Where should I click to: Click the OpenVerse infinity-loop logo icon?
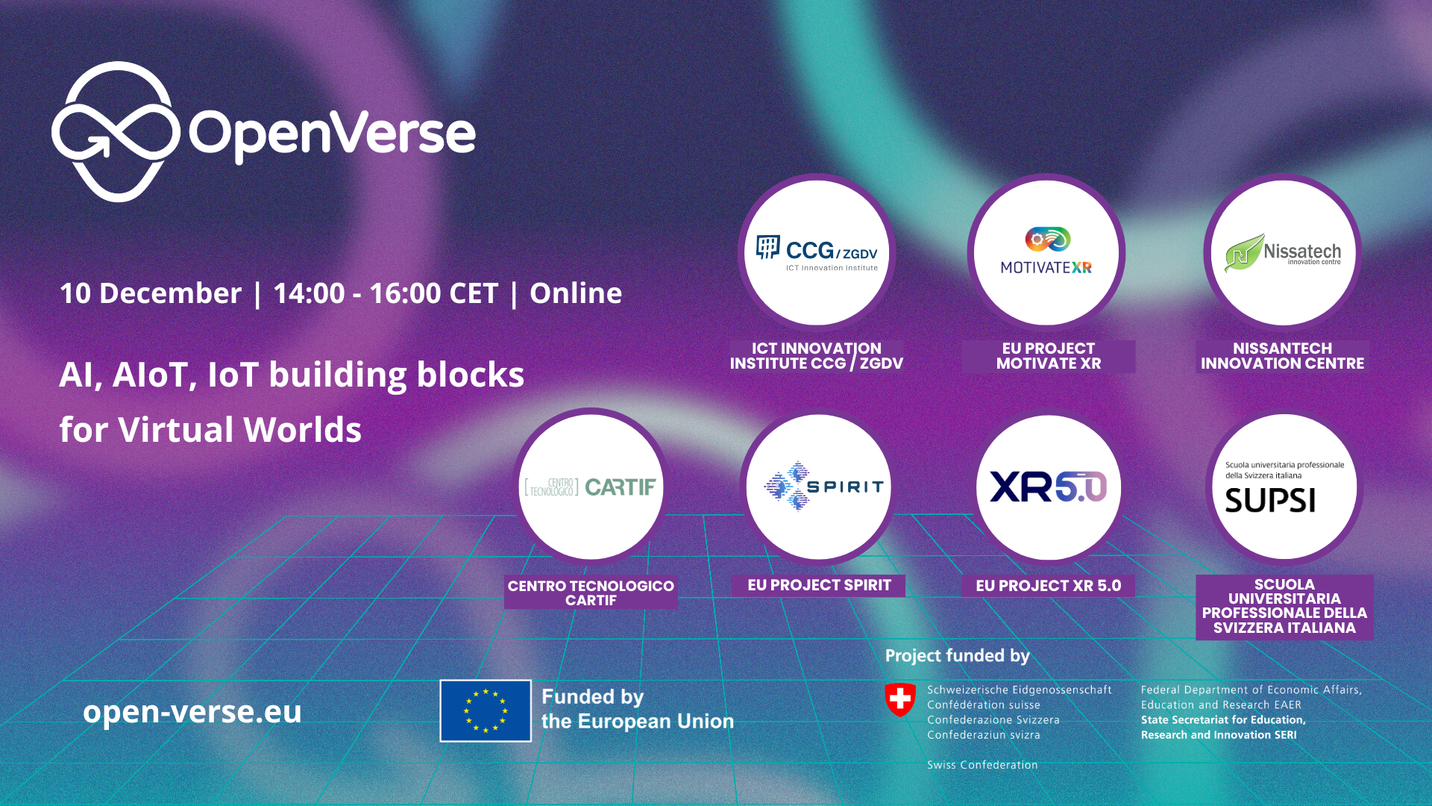click(116, 132)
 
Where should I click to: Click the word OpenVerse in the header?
click(332, 134)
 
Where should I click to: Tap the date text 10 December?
click(151, 293)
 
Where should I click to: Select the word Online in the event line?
click(575, 293)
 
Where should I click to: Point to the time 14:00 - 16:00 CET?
click(385, 293)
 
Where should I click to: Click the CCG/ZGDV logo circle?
click(817, 253)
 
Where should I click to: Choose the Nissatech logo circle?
click(1282, 253)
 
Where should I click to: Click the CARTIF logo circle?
click(591, 487)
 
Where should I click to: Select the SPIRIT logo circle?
click(819, 487)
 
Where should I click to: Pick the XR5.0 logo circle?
click(1048, 487)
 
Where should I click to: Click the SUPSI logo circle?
click(1284, 487)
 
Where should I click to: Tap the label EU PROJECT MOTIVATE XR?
click(1048, 356)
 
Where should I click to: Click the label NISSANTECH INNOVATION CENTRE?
click(1282, 356)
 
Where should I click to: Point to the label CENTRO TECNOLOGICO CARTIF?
click(591, 593)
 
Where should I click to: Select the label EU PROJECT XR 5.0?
click(1048, 586)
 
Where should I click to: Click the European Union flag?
click(486, 710)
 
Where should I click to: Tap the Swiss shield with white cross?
click(900, 699)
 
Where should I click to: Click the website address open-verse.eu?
click(192, 711)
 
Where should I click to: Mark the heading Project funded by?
click(957, 655)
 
